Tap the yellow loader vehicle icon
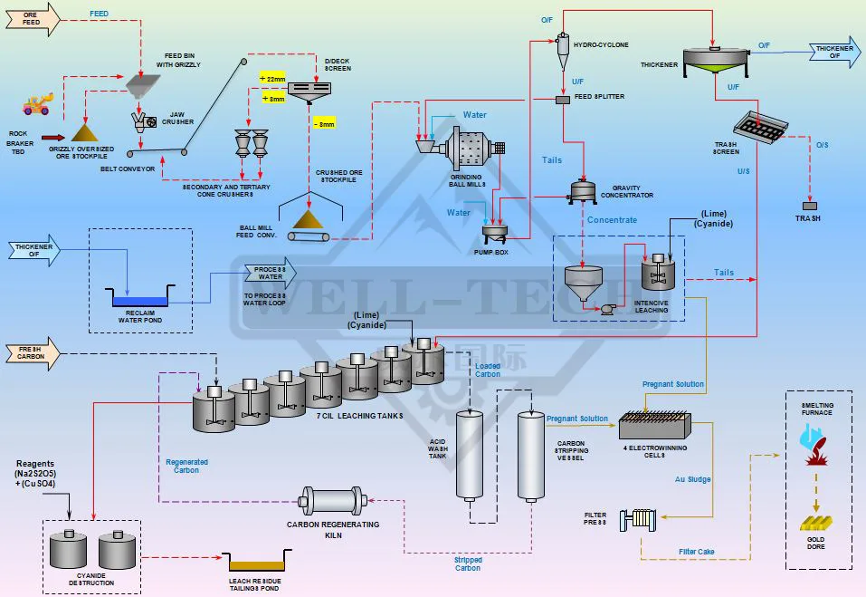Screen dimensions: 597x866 pos(36,106)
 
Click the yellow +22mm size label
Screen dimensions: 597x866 pos(272,80)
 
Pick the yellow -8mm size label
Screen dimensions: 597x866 pos(323,123)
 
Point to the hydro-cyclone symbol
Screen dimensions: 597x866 pos(561,49)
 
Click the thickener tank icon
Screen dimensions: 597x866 pos(716,59)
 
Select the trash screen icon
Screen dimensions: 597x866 pos(761,127)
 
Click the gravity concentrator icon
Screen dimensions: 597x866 pos(583,190)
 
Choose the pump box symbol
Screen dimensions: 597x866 pos(495,234)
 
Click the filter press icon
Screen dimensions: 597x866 pos(638,520)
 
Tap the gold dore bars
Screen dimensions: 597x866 pos(816,524)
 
